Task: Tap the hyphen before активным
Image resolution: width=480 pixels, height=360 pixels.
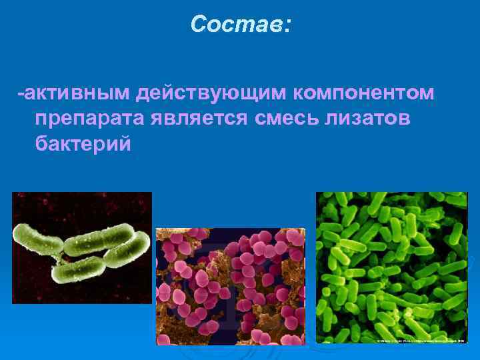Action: (x=20, y=94)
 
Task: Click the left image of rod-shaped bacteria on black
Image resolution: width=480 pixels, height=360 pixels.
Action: (x=82, y=247)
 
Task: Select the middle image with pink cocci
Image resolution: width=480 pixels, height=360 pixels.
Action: (x=230, y=286)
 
